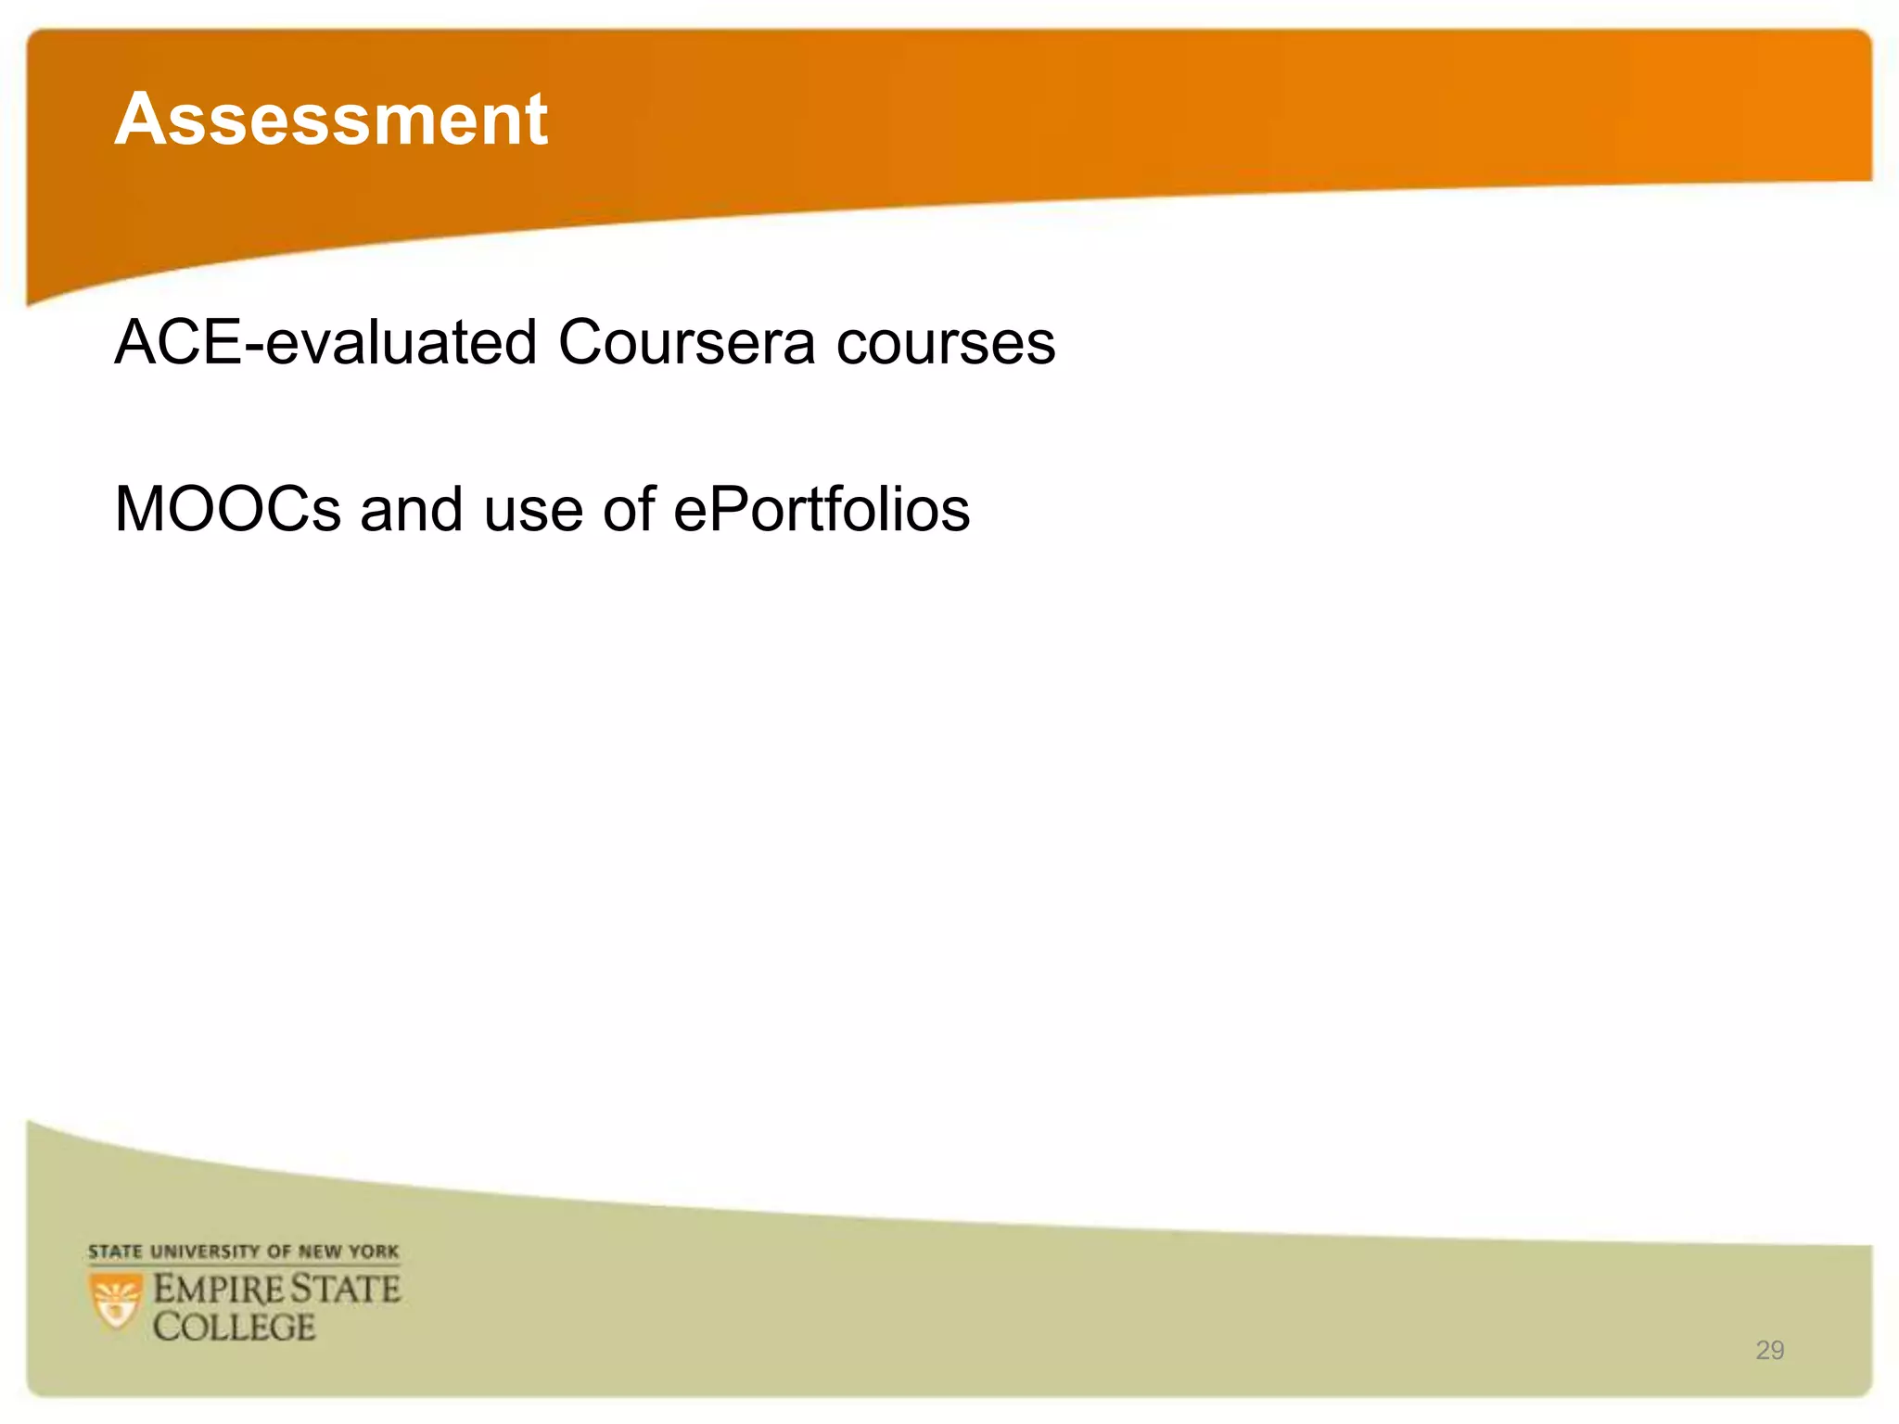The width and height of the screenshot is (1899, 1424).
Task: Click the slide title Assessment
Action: coord(331,120)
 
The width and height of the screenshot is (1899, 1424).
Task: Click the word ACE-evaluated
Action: coord(325,342)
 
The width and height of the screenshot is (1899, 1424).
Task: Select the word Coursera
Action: coord(686,342)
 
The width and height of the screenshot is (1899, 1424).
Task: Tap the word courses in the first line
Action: coord(946,344)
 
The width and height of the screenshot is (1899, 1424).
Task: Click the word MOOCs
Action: coord(228,509)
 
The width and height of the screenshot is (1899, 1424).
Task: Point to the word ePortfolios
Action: coord(822,509)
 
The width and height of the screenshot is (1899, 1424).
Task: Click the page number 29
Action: coord(1769,1350)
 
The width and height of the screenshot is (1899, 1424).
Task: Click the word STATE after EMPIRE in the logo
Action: coord(346,1290)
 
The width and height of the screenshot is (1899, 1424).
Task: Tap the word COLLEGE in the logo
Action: coord(235,1328)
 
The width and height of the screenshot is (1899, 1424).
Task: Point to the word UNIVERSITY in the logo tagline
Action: coord(205,1252)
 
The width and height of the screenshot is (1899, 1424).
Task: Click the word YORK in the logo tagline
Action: coord(375,1252)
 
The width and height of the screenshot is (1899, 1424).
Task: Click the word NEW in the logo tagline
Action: coord(320,1252)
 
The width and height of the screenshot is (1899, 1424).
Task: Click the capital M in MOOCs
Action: coord(138,509)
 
